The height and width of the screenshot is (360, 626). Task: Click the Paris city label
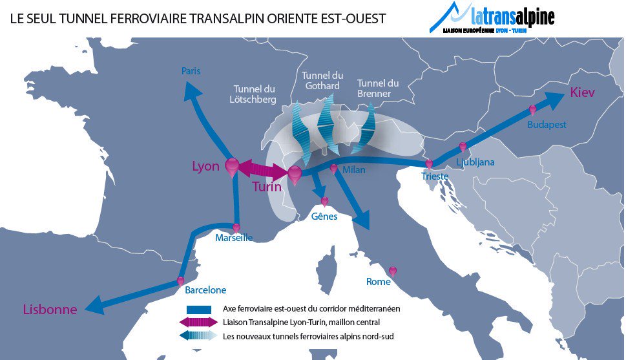coord(191,71)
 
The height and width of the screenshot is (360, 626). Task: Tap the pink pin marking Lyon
coord(232,166)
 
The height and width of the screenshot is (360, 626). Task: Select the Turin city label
coord(266,187)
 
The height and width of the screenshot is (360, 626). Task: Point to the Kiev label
coord(582,93)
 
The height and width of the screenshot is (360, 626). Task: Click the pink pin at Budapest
coord(533,111)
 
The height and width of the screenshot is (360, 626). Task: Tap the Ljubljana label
coord(475,162)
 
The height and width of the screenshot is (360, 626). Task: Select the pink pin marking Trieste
coord(428,164)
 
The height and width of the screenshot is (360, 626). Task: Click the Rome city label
coord(378,282)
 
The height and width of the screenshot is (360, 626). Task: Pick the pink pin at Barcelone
coord(180,281)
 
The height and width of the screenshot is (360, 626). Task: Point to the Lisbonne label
coord(50,310)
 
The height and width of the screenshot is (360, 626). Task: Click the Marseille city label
coord(234,238)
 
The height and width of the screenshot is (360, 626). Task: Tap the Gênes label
coord(324,217)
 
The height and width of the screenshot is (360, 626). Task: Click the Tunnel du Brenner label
coord(377,89)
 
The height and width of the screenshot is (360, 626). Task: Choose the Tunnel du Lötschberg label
coord(255,94)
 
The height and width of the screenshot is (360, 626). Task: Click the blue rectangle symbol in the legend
coord(199,309)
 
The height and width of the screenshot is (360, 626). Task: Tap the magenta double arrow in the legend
coord(199,322)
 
